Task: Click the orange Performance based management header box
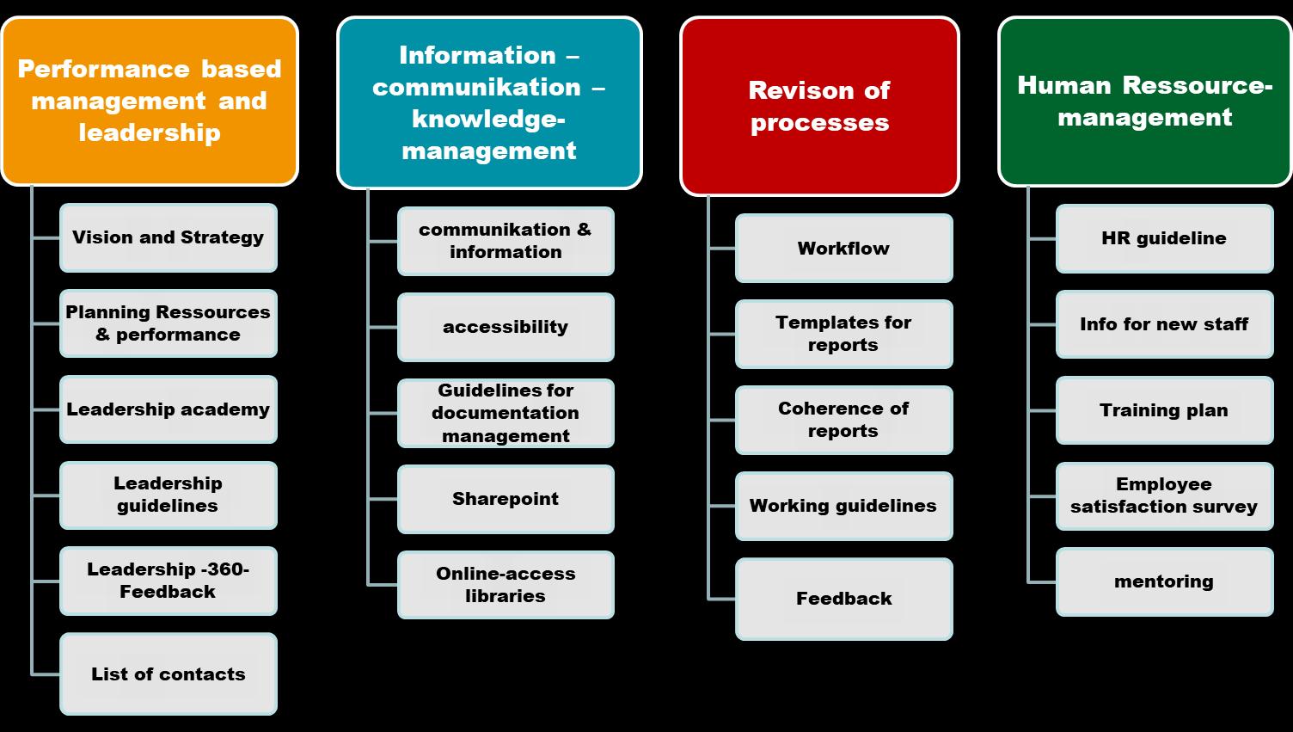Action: pyautogui.click(x=150, y=101)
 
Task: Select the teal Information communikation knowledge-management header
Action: pyautogui.click(x=489, y=102)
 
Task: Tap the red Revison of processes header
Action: pyautogui.click(x=819, y=106)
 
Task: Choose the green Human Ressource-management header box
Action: pyautogui.click(x=1144, y=101)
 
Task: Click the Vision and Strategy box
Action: pyautogui.click(x=169, y=237)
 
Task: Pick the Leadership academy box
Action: pyautogui.click(x=169, y=409)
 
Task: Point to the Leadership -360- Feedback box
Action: pyautogui.click(x=169, y=581)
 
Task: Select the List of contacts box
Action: pyautogui.click(x=169, y=674)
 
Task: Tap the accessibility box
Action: pyautogui.click(x=506, y=327)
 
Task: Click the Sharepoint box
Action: pyautogui.click(x=506, y=499)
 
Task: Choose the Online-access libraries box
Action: pyautogui.click(x=506, y=585)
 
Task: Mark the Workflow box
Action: pyautogui.click(x=843, y=249)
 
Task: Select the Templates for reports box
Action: pyautogui.click(x=843, y=334)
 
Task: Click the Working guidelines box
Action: pyautogui.click(x=843, y=506)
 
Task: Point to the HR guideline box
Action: pyautogui.click(x=1164, y=238)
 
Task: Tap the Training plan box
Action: pyautogui.click(x=1164, y=410)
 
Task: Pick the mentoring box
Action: pyautogui.click(x=1164, y=581)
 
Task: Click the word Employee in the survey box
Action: pyautogui.click(x=1164, y=484)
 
